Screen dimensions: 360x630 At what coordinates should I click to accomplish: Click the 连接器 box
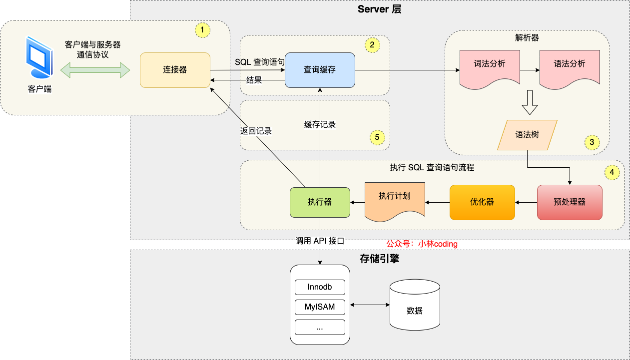(175, 70)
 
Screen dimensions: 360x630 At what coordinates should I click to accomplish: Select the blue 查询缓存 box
(320, 70)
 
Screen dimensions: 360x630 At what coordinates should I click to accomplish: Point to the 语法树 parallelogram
(527, 135)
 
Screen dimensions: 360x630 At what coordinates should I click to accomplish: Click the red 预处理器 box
(570, 202)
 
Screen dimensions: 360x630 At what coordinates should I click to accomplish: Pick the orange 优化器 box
(482, 202)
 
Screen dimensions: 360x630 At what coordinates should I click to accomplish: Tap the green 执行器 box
(320, 202)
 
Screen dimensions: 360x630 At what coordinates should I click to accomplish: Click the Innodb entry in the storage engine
(320, 288)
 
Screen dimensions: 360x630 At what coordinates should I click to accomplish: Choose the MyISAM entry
(320, 307)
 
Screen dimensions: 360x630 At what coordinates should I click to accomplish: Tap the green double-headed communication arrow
(95, 70)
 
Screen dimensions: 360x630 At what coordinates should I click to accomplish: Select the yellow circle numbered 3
(592, 142)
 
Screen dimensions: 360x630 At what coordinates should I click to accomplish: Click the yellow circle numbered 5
(377, 137)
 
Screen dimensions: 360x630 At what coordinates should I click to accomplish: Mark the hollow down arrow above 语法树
(530, 102)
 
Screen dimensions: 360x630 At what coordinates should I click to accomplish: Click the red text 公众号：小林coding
(422, 244)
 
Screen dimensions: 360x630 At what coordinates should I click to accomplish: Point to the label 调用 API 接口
(320, 241)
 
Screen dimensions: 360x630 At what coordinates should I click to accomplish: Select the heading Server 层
(379, 9)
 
